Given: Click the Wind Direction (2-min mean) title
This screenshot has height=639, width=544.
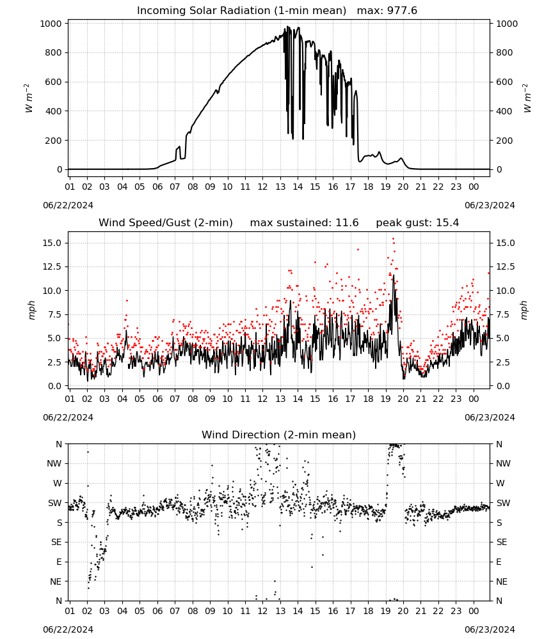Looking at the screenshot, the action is pos(279,435).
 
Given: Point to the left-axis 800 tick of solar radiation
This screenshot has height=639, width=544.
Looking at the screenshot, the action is pos(54,52).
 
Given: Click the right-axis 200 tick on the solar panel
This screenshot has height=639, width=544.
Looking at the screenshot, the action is pos(504,140).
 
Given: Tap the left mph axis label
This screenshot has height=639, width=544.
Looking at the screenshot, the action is pos(32,310).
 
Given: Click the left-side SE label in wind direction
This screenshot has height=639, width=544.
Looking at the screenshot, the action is pos(56,542).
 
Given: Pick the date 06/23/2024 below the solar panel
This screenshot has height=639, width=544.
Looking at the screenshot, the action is pos(490,205).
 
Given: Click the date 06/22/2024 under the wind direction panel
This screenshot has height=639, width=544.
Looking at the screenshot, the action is pos(68,629).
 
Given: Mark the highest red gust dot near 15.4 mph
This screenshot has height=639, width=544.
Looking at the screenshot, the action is pos(393,239).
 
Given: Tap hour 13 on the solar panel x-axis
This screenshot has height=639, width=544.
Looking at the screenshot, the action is pos(280,187).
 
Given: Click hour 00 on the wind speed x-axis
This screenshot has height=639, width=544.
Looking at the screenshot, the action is pos(474,399).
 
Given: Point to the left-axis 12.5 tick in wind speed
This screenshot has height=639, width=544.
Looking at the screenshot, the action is pos(52,266).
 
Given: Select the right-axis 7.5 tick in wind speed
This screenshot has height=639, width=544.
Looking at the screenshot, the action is pos(503,314).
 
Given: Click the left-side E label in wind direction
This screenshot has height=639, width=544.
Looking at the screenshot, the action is pos(59,562).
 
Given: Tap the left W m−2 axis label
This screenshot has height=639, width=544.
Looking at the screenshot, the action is pos(28,98).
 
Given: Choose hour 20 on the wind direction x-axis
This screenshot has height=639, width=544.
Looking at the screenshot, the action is pos(403,611).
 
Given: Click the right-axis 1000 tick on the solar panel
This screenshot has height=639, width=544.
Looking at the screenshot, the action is pos(506,24).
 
